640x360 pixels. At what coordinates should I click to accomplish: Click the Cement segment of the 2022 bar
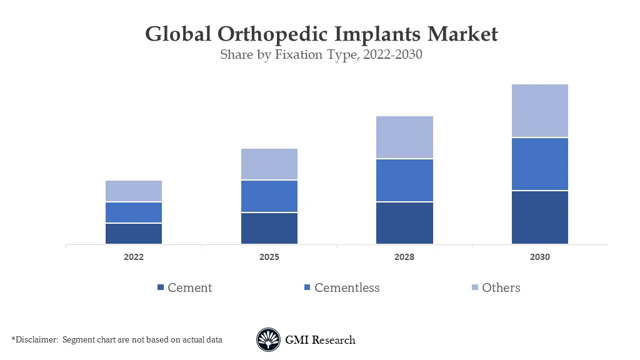click(x=134, y=233)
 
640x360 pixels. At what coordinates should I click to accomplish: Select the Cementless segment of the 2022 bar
click(x=134, y=212)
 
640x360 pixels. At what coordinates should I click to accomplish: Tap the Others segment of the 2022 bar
click(x=134, y=191)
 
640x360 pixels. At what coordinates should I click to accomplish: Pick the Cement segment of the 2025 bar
click(x=269, y=228)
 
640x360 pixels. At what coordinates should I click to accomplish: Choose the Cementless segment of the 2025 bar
click(x=269, y=196)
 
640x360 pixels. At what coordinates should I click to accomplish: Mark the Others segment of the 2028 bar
click(x=404, y=137)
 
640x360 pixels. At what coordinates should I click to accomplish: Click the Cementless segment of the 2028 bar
click(x=404, y=180)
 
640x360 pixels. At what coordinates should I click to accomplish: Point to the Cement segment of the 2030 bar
click(x=540, y=217)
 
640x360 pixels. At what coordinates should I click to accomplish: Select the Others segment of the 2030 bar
click(x=540, y=111)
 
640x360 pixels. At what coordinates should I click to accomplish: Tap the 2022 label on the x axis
click(x=134, y=257)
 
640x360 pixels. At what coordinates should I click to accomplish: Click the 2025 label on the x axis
click(x=269, y=257)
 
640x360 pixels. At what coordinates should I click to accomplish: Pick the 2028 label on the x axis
click(x=404, y=257)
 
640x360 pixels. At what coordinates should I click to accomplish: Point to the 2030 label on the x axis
click(x=540, y=257)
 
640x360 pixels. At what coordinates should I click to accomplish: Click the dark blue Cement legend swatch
click(x=160, y=287)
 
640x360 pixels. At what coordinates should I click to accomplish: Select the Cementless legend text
click(x=347, y=287)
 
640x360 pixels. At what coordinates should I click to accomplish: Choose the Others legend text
click(x=501, y=287)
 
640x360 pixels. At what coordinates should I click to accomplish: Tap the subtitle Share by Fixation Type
click(x=281, y=54)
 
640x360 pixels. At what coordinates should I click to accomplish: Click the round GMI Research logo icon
click(x=268, y=340)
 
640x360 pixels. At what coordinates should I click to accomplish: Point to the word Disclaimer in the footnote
click(x=36, y=339)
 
